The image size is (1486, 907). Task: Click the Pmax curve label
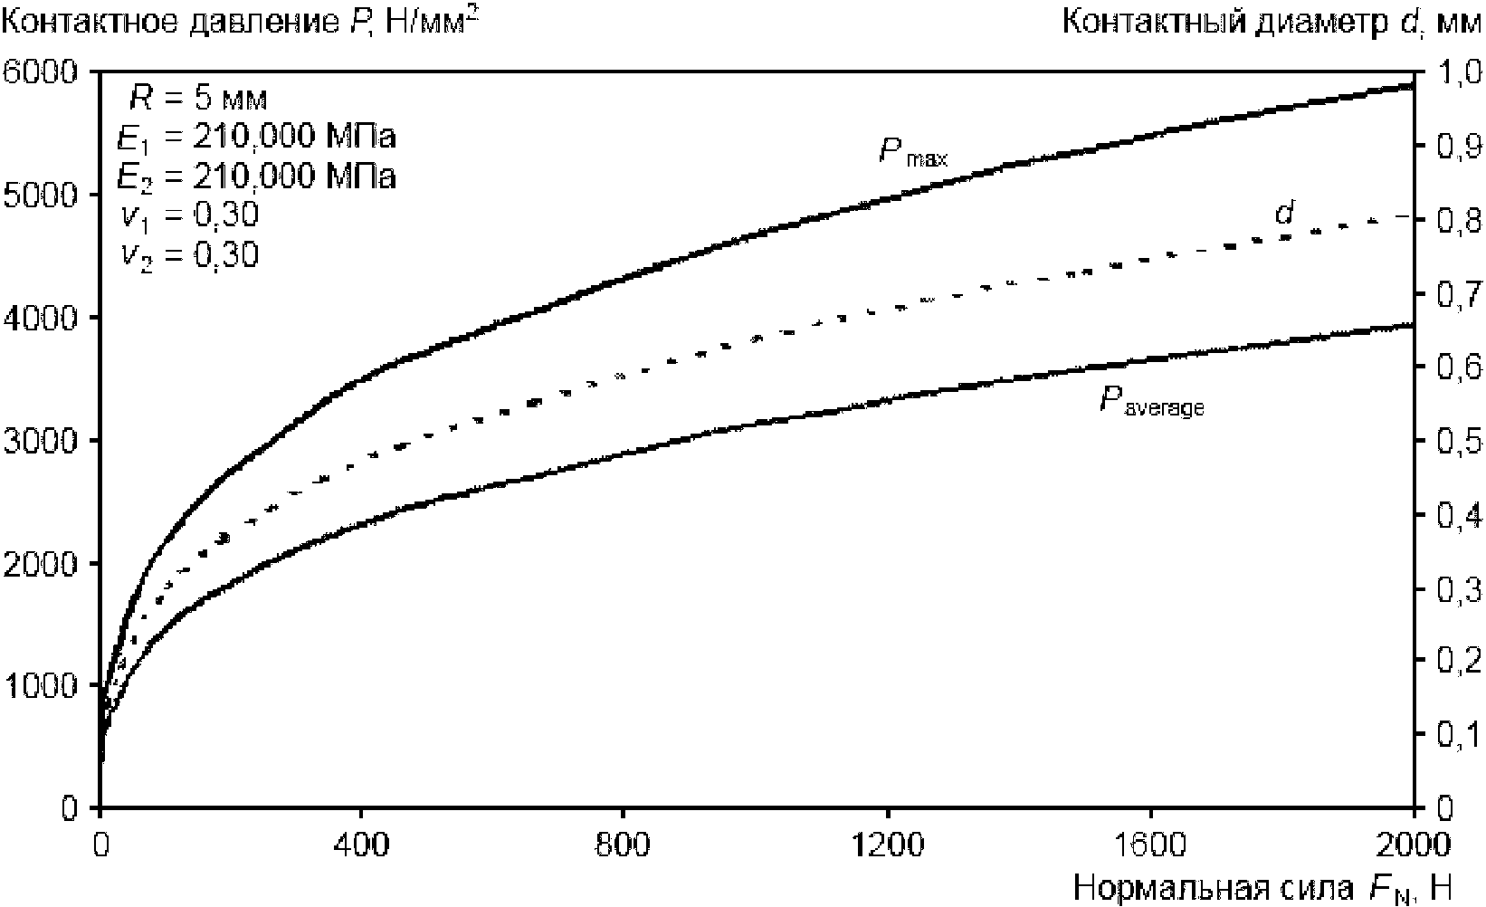pyautogui.click(x=912, y=152)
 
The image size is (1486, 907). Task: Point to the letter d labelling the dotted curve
pyautogui.click(x=1284, y=214)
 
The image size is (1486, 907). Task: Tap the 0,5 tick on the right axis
pyautogui.click(x=1453, y=442)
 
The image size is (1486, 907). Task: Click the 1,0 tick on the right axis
pyautogui.click(x=1453, y=72)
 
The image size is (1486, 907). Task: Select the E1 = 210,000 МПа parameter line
pyautogui.click(x=257, y=138)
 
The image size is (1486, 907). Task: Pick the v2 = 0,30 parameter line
pyautogui.click(x=190, y=256)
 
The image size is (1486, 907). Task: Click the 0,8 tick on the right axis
pyautogui.click(x=1453, y=220)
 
